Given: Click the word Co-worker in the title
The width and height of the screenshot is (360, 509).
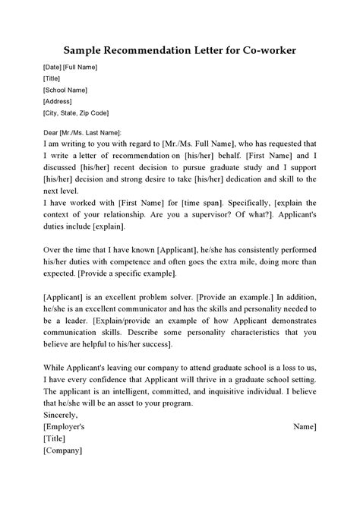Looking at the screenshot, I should click(x=264, y=50).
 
